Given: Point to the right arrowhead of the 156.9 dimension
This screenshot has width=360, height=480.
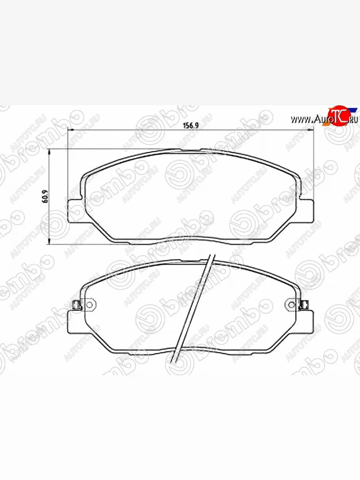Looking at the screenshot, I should tap(312, 130).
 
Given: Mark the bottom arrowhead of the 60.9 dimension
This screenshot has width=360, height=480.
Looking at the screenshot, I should tap(50, 242).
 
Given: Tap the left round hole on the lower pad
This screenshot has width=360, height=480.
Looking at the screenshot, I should tap(89, 306).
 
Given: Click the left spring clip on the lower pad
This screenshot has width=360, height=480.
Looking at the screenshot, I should tap(75, 306).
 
